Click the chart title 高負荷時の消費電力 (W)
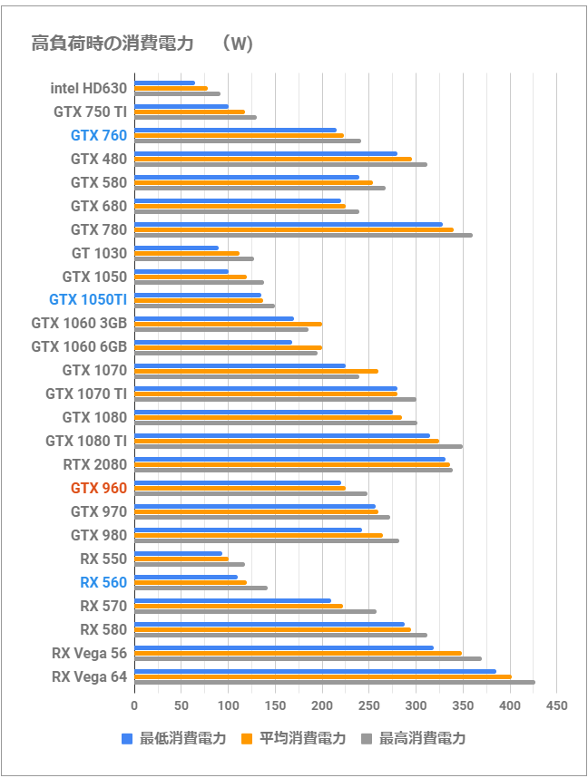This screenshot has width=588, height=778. tap(142, 44)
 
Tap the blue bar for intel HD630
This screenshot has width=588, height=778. tap(164, 83)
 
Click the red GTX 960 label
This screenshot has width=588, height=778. tap(98, 488)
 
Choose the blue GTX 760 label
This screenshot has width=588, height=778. tap(98, 136)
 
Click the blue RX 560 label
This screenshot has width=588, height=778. tap(103, 582)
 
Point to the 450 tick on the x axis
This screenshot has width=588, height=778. tap(557, 705)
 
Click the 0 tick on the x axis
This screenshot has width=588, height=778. tap(134, 705)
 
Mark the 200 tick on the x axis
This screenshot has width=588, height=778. tap(322, 705)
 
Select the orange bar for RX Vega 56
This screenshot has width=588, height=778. tap(298, 653)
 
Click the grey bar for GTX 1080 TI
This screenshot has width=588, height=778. tap(298, 447)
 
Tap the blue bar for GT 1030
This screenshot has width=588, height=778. tap(176, 248)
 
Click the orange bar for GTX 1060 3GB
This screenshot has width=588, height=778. tap(228, 324)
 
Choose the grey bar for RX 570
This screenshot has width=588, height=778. tap(255, 612)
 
